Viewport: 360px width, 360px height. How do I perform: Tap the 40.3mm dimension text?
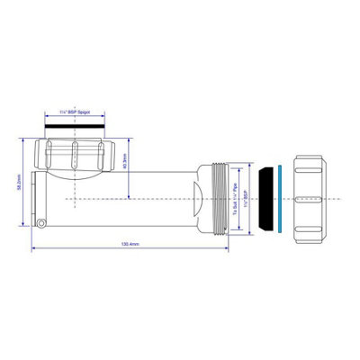click(135, 165)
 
